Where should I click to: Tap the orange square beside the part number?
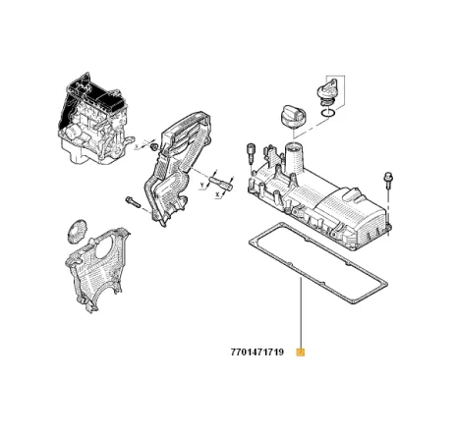coord(302,352)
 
